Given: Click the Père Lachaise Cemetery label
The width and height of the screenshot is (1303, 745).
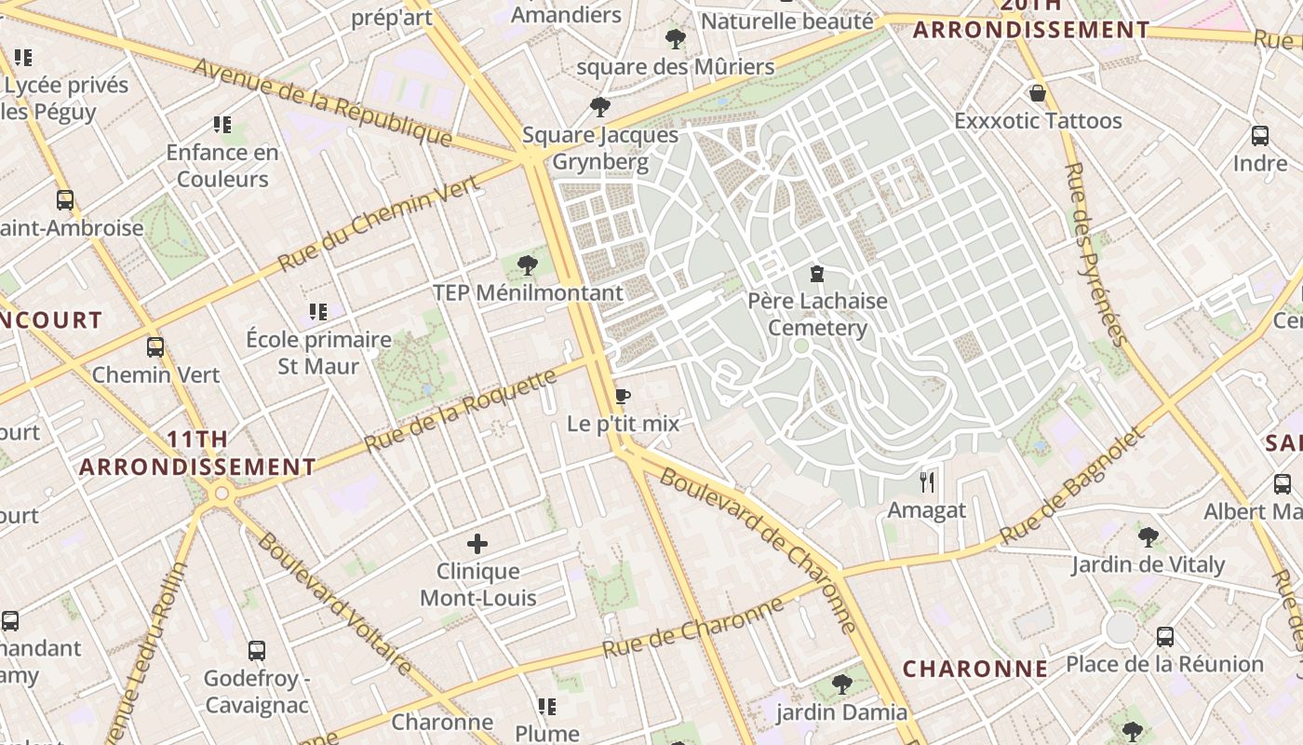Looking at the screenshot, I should [x=817, y=315].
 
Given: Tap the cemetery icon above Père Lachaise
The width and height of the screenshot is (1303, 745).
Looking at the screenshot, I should [x=816, y=274].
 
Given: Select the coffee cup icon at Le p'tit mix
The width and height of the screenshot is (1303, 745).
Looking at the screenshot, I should [x=623, y=397].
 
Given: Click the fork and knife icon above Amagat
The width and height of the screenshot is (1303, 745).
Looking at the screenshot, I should [x=926, y=481].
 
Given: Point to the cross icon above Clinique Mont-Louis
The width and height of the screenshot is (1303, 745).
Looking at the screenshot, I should [x=477, y=544].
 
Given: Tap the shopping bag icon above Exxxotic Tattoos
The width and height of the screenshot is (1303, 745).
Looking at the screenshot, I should [x=1037, y=93].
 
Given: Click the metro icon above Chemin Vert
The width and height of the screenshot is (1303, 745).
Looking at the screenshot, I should [x=155, y=347].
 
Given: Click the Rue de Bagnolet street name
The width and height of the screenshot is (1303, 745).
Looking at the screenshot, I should [x=1070, y=487].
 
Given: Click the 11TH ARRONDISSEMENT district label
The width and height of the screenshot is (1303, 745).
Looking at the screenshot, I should [x=197, y=453].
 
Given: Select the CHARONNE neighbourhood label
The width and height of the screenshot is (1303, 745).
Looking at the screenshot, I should [x=975, y=669].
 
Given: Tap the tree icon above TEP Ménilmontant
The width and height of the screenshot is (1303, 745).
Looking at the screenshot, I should [x=528, y=265].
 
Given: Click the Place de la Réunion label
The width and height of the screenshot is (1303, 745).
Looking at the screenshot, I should [x=1164, y=664].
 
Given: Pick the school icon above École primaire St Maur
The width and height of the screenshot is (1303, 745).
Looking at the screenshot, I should [x=318, y=312].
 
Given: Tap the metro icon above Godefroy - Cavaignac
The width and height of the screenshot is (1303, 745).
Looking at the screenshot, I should [x=257, y=650].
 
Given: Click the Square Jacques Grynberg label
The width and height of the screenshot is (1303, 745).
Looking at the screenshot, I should [x=600, y=148].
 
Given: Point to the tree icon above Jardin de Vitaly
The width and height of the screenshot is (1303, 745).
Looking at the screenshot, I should [x=1148, y=536].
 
